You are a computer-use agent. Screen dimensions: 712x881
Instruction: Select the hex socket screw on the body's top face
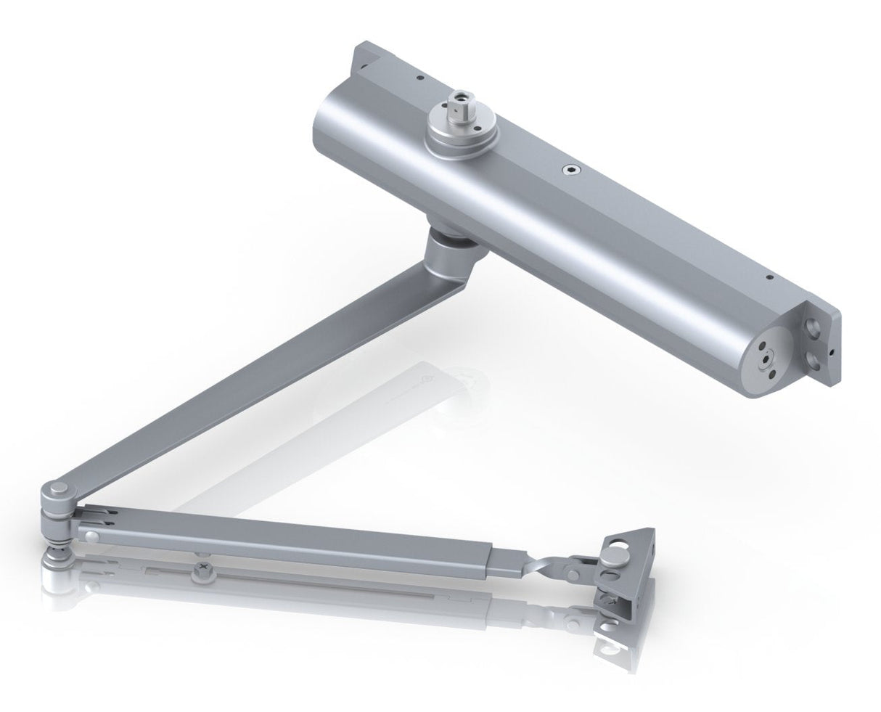[569, 171]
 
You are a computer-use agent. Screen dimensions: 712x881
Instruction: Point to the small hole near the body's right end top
[769, 277]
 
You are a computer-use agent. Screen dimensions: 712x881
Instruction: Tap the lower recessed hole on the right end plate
[816, 359]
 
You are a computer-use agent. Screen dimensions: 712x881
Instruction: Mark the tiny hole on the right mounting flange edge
[833, 353]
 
